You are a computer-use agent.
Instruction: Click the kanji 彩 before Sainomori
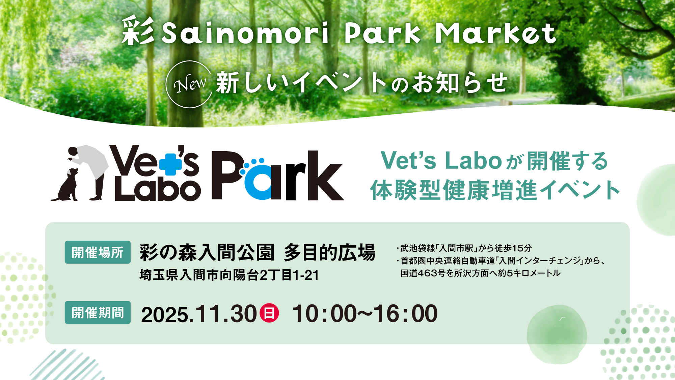[x=138, y=31]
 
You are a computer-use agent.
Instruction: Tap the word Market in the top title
[x=495, y=33]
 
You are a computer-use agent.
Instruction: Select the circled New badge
[x=189, y=84]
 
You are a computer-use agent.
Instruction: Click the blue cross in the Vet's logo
[x=170, y=164]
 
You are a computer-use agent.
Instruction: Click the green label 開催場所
[x=98, y=252]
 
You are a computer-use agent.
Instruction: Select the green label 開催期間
[x=98, y=313]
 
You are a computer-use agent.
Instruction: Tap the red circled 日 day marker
[x=269, y=313]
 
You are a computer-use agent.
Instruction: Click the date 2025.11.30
[x=199, y=314]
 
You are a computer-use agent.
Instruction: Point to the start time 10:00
[x=324, y=314]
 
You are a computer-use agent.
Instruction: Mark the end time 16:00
[x=405, y=314]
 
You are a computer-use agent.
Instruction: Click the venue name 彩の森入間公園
[x=207, y=252]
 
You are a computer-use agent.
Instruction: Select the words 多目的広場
[x=329, y=252]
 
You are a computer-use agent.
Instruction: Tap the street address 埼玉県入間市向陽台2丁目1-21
[x=229, y=275]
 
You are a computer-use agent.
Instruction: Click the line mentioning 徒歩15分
[x=464, y=248]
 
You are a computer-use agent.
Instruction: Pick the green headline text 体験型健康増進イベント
[x=495, y=190]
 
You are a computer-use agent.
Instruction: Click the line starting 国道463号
[x=480, y=273]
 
